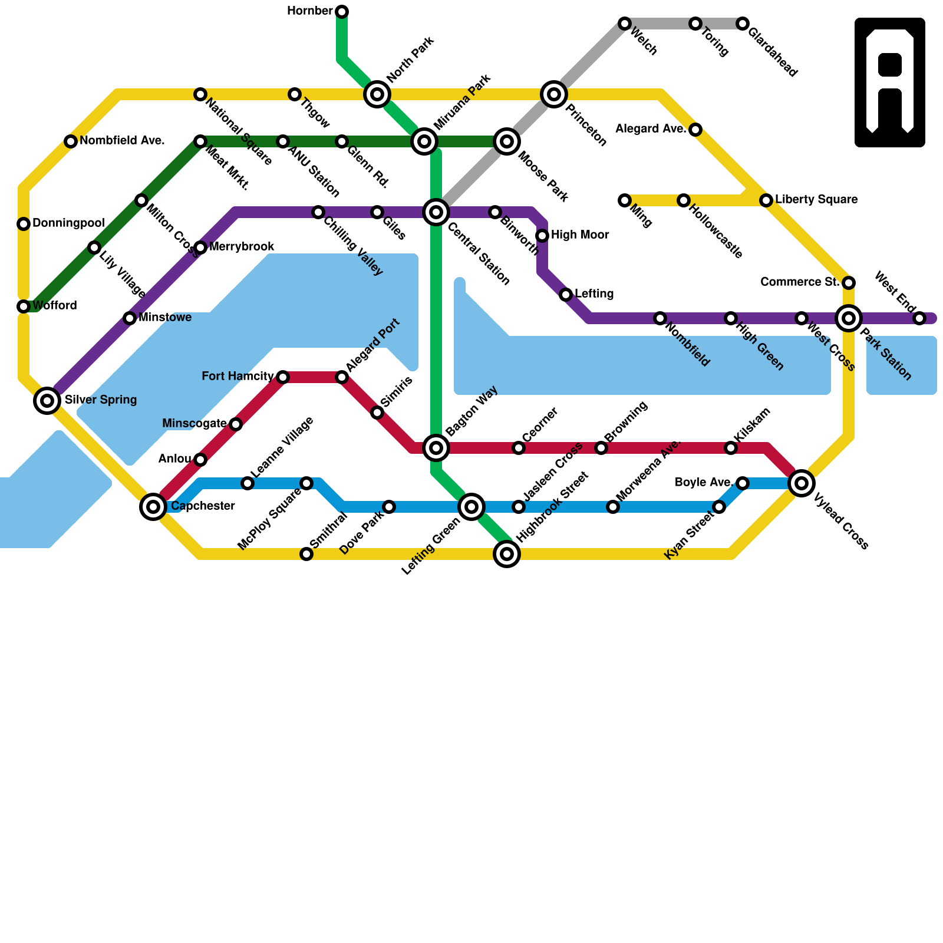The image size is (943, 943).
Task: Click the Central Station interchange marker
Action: coord(436,212)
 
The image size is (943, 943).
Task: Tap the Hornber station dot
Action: coord(342,12)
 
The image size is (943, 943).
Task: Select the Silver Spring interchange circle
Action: coord(47,401)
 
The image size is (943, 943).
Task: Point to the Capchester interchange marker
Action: coord(153,506)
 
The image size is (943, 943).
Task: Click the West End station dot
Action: coord(919,318)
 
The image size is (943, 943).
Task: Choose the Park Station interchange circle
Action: coord(849,318)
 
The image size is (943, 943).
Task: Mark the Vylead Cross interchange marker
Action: coord(802,483)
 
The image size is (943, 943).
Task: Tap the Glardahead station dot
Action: coord(743,24)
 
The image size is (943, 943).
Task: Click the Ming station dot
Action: coord(625,200)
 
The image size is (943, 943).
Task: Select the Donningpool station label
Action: coord(68,223)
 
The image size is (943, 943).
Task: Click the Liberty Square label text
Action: coord(816,200)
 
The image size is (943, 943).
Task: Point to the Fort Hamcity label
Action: coord(238,377)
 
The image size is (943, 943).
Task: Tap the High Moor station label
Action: coord(580,235)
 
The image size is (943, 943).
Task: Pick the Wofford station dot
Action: coord(24,306)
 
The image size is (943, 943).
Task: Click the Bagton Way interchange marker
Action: coord(436,448)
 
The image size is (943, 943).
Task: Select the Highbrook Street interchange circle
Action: coord(507,554)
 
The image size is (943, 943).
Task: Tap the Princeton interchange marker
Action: coord(554,94)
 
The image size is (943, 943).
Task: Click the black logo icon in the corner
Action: coord(890,83)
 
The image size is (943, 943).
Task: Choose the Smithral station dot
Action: coord(306,554)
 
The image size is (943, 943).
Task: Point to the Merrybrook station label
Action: coord(242,247)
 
